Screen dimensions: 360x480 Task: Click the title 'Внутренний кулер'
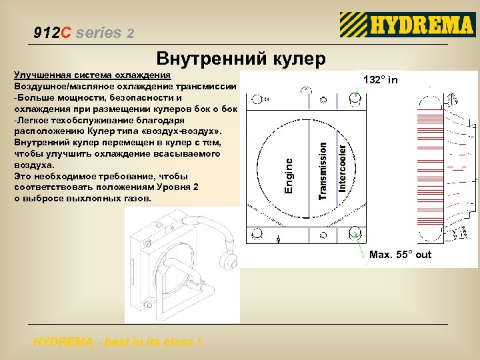(x=241, y=59)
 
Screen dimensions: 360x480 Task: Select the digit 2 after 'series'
(x=130, y=33)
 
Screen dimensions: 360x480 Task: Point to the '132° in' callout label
(x=381, y=80)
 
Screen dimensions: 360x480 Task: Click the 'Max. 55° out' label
(x=400, y=255)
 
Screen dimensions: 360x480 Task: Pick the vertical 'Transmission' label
(x=323, y=169)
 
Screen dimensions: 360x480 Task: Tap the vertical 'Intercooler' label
(x=343, y=164)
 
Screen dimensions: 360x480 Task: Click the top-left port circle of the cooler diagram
(x=256, y=100)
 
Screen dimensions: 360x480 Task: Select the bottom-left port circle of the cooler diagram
(x=256, y=234)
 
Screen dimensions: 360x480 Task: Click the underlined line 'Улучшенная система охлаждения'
(x=93, y=75)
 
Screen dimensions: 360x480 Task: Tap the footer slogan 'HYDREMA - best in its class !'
(x=117, y=342)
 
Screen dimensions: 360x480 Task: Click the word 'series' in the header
(x=99, y=32)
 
